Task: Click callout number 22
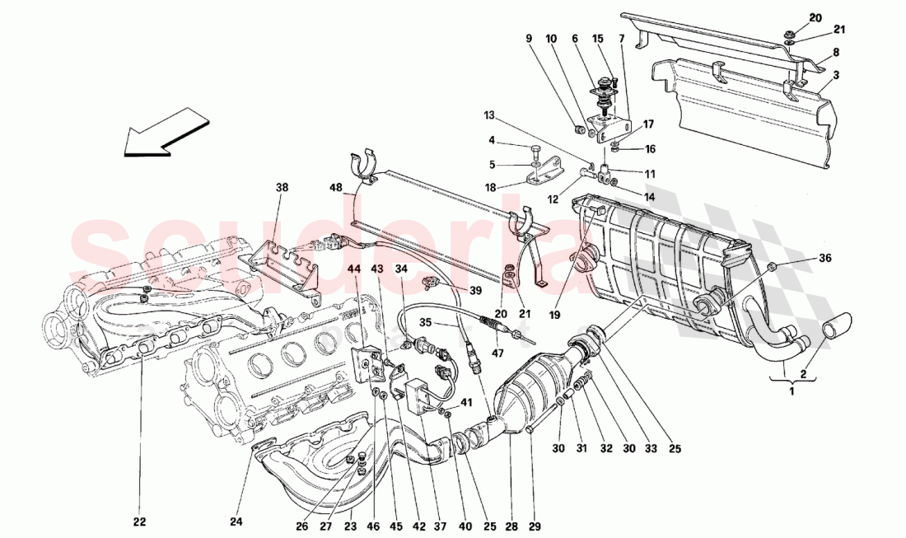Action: click(x=140, y=521)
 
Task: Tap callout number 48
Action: click(x=336, y=189)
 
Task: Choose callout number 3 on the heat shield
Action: click(x=836, y=75)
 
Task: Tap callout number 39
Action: click(x=475, y=291)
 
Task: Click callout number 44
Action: click(x=353, y=269)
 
